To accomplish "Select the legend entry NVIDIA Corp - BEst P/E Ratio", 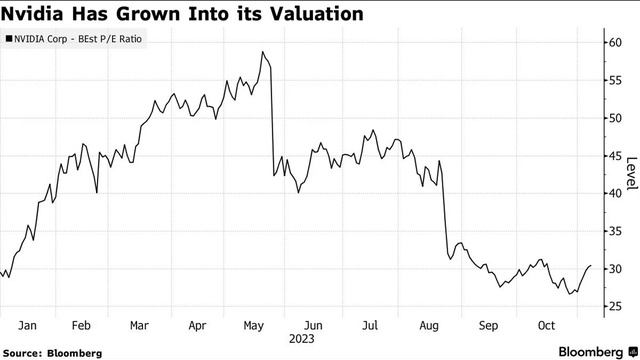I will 80,39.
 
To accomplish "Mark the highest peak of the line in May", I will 262,52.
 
